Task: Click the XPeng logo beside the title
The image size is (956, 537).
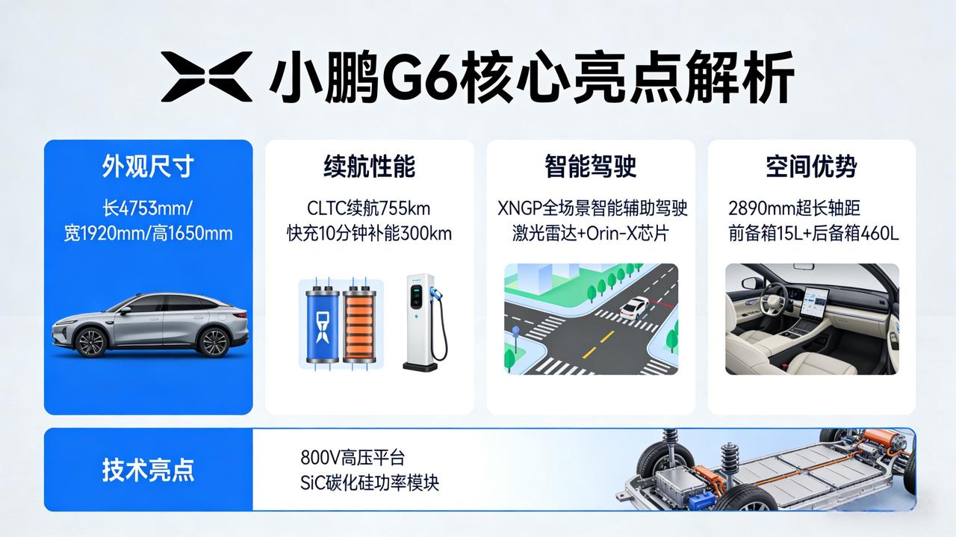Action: click(207, 76)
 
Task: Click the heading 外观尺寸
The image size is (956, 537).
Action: click(148, 167)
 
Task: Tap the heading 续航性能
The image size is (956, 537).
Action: click(369, 167)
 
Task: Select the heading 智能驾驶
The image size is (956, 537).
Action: click(591, 167)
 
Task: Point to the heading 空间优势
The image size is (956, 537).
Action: click(811, 167)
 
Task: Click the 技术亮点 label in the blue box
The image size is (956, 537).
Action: click(148, 470)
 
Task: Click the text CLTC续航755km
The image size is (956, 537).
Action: click(369, 208)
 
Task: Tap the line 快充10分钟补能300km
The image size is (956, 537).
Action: click(369, 233)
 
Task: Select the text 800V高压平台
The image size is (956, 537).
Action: click(353, 457)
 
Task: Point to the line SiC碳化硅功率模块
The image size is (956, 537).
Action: click(370, 482)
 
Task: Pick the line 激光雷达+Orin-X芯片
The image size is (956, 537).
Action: click(591, 233)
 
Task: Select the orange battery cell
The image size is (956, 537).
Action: click(360, 326)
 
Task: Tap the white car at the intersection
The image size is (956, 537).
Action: click(636, 306)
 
